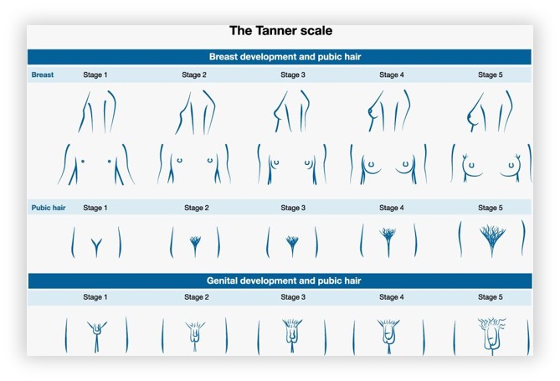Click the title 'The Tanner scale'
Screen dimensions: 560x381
coord(280,31)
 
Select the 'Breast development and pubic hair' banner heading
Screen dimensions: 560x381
coord(285,57)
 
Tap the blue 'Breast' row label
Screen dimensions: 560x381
coord(43,75)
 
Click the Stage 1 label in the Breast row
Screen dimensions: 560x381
coord(95,75)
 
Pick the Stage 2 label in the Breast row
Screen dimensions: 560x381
coord(194,75)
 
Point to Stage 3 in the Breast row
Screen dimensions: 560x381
coord(293,75)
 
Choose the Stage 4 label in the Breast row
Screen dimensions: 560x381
coord(392,75)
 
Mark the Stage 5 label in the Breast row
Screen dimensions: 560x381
coord(491,75)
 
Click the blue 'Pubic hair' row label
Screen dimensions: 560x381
coord(49,208)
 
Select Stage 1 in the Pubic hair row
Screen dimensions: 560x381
coord(95,208)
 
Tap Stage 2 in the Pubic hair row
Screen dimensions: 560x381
coord(197,208)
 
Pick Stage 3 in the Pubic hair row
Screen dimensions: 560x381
coord(293,208)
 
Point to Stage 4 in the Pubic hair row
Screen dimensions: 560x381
coord(392,208)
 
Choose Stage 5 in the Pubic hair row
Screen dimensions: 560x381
coord(491,208)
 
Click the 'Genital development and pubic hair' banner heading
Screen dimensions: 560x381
coord(284,281)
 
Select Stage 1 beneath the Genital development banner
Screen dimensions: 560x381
coord(95,297)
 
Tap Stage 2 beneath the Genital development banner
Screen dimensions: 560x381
coord(197,297)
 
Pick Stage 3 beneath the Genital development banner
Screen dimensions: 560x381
coord(293,297)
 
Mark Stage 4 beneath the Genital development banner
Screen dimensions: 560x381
coord(392,297)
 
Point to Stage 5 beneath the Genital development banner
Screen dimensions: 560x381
coord(491,297)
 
